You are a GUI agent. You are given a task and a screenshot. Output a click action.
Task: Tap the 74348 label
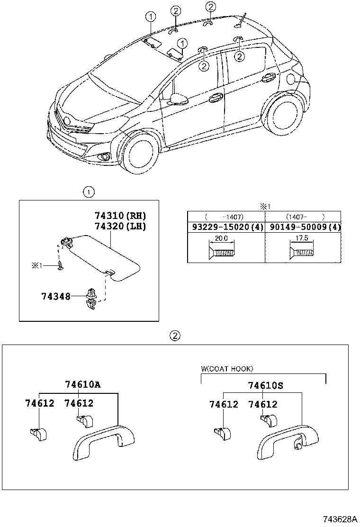click(x=56, y=297)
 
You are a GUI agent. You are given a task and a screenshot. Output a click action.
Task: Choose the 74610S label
click(x=265, y=385)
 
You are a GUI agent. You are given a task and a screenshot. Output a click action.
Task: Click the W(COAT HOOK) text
click(x=227, y=369)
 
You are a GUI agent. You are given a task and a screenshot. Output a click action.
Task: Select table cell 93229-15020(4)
click(x=226, y=227)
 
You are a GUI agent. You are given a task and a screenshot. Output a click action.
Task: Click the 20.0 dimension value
click(x=221, y=238)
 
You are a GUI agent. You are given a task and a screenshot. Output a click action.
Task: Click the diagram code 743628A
click(x=340, y=519)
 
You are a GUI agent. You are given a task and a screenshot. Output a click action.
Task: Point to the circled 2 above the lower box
click(x=175, y=336)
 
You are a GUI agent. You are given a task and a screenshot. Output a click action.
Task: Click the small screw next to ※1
click(x=60, y=266)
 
